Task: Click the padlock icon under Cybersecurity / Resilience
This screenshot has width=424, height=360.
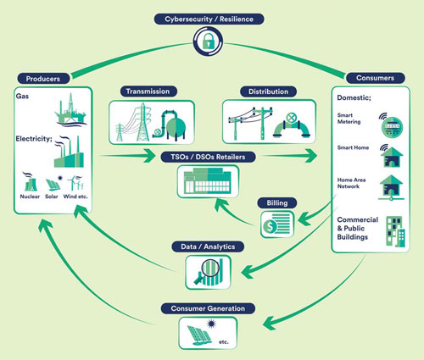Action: click(x=208, y=42)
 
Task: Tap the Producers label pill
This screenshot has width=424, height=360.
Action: click(x=43, y=79)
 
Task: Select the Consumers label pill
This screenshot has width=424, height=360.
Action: click(x=375, y=78)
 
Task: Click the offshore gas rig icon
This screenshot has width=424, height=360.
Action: click(x=70, y=109)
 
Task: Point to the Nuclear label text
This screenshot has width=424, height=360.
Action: click(x=30, y=197)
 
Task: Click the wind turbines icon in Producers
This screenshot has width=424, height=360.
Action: click(x=75, y=183)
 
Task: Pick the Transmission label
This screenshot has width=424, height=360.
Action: click(x=148, y=91)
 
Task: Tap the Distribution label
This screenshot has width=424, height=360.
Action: click(x=268, y=91)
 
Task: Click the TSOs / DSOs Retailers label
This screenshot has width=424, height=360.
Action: click(x=208, y=157)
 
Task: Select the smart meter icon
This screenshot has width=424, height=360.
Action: click(x=392, y=127)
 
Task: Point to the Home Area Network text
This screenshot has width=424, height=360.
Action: click(x=351, y=183)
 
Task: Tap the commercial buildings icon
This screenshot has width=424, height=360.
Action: click(x=395, y=231)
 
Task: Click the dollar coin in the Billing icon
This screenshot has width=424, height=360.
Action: click(x=270, y=226)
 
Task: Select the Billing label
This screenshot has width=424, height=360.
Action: click(x=277, y=203)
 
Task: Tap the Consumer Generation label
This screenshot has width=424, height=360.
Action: click(x=208, y=308)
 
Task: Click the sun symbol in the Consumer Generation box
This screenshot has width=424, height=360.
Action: click(x=210, y=324)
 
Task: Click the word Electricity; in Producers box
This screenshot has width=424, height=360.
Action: click(x=34, y=139)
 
